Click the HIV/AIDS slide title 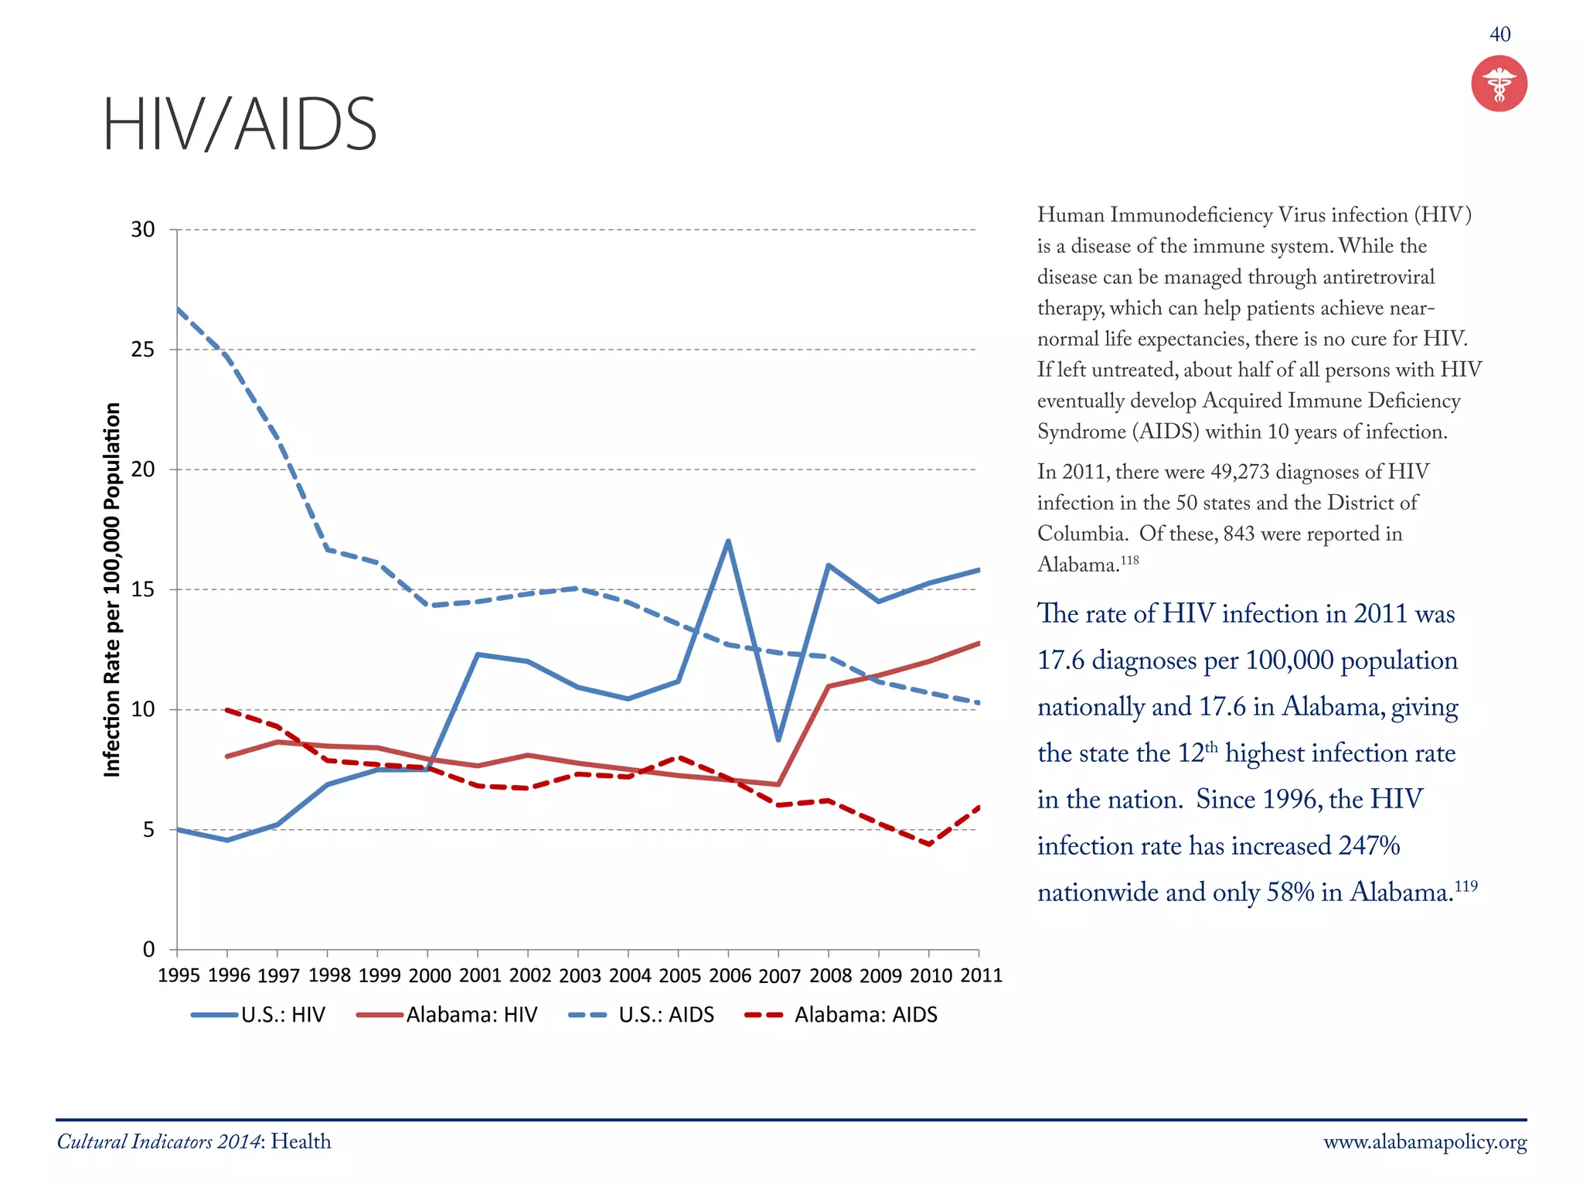(240, 124)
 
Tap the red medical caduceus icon (1499, 84)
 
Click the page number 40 (1500, 34)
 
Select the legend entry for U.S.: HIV (260, 1015)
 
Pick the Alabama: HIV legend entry (448, 1015)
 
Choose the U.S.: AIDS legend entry (642, 1015)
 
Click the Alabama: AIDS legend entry (842, 1015)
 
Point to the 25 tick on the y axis (143, 350)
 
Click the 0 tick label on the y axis (149, 949)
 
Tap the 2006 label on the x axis (730, 975)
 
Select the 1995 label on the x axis (179, 975)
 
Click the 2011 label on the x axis (981, 975)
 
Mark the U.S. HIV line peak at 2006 (728, 541)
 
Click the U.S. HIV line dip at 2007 (778, 739)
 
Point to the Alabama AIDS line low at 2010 (929, 845)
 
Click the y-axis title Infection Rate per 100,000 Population (113, 589)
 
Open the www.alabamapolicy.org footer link (1425, 1142)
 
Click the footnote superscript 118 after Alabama (1130, 559)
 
